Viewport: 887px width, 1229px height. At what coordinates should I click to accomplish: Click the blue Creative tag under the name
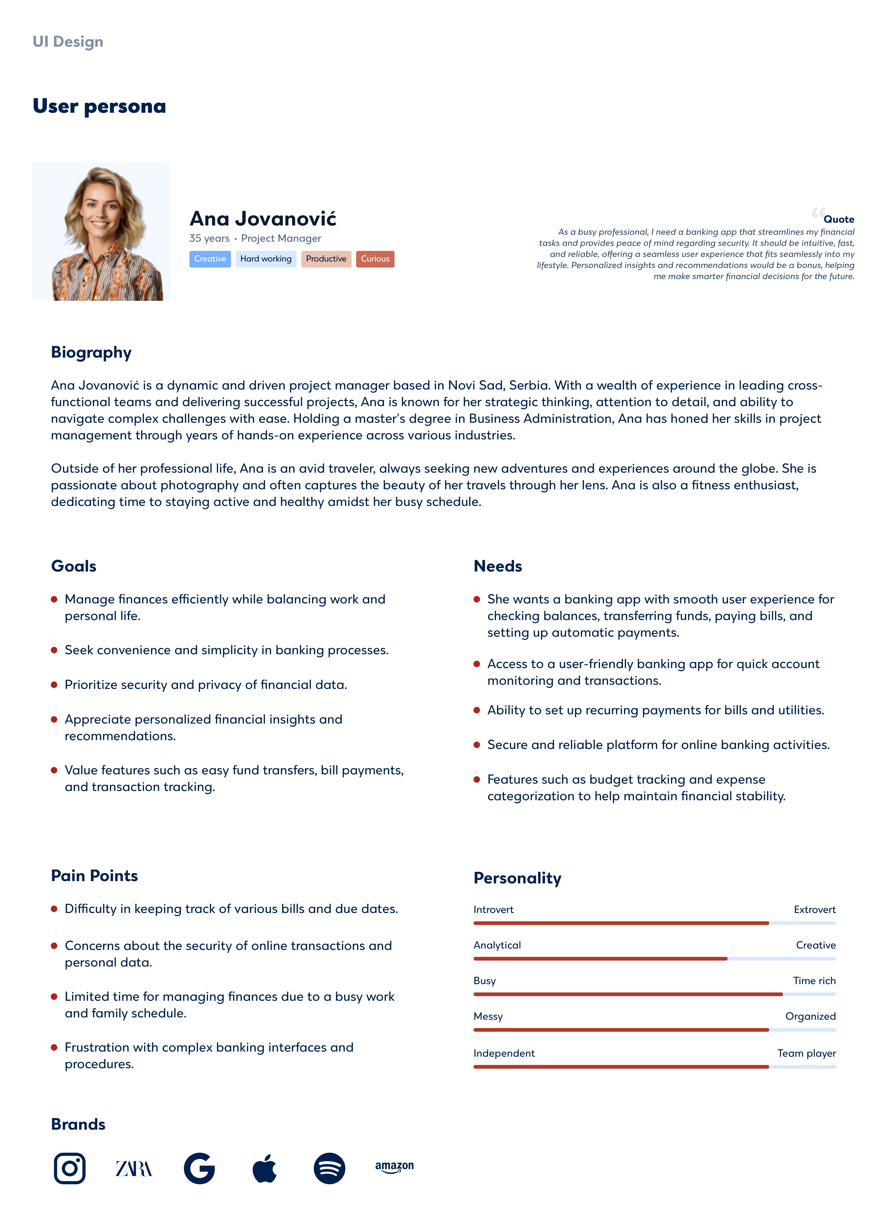point(210,259)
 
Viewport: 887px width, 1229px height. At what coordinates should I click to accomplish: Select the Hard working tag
point(265,259)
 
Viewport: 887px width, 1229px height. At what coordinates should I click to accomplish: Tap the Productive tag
point(326,259)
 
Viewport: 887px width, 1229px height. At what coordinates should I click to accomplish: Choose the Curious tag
point(375,259)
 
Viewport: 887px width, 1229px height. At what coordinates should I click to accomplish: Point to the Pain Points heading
point(94,876)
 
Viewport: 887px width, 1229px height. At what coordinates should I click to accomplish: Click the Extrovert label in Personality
point(814,909)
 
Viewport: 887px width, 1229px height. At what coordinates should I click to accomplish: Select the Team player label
point(806,1053)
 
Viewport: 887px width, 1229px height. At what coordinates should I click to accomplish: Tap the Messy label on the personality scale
point(488,1016)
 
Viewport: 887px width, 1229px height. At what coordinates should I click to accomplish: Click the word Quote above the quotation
point(839,219)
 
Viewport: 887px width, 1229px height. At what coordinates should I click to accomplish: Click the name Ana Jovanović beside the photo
point(263,218)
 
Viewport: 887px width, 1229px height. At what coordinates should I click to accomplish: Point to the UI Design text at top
point(68,42)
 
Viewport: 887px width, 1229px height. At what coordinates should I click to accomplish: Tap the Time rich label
point(814,980)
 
